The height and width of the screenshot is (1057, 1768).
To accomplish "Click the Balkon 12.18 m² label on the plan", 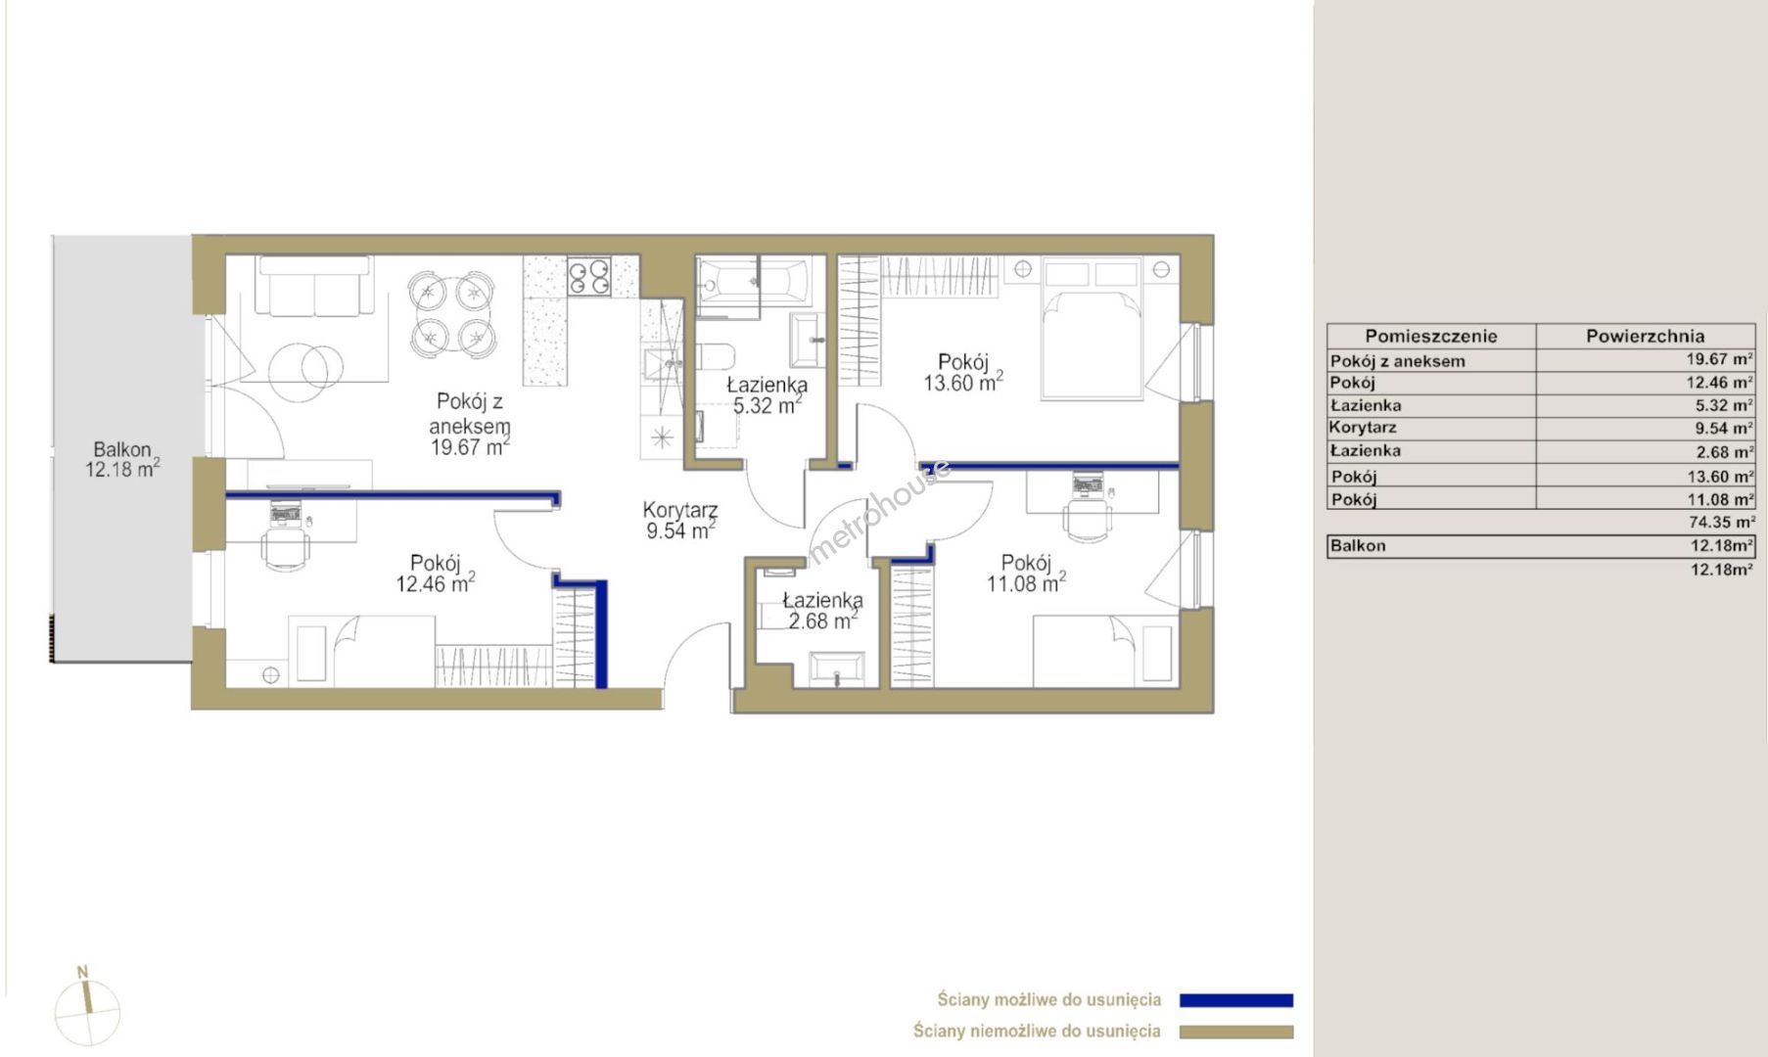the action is pos(122,459).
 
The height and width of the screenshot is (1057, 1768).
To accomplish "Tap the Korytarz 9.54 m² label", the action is pos(680,521).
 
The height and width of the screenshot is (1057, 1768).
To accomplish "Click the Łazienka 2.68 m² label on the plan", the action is pos(822,611).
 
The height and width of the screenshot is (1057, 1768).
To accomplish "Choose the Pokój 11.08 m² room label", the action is pos(1026,574).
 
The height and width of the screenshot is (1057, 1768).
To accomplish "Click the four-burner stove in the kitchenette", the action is pos(590,275).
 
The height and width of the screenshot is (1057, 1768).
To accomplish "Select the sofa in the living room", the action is pos(314,285).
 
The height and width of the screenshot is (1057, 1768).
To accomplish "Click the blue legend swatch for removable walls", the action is pos(1236,1000).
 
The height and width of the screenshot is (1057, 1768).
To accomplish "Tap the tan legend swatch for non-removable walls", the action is pos(1236,1032).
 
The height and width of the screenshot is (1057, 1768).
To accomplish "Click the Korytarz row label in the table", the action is pos(1363,428).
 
